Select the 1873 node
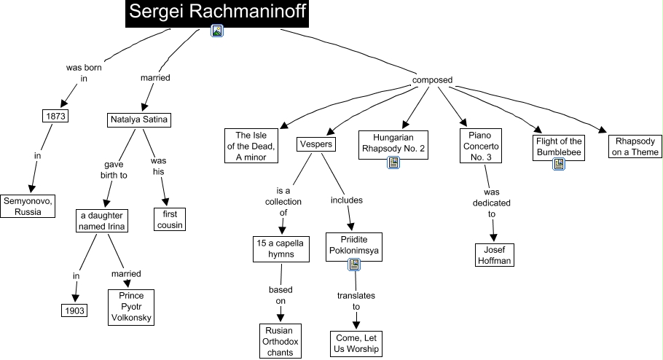(55, 116)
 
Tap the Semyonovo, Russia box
(28, 206)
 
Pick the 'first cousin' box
(169, 219)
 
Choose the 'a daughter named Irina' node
(103, 220)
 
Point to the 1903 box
(74, 310)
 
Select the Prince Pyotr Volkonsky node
(131, 307)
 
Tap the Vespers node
(316, 144)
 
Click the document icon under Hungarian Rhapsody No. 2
(393, 163)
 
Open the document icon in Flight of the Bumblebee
(559, 165)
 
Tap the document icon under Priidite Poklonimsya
(353, 265)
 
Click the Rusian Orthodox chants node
(280, 341)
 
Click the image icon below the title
(216, 31)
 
